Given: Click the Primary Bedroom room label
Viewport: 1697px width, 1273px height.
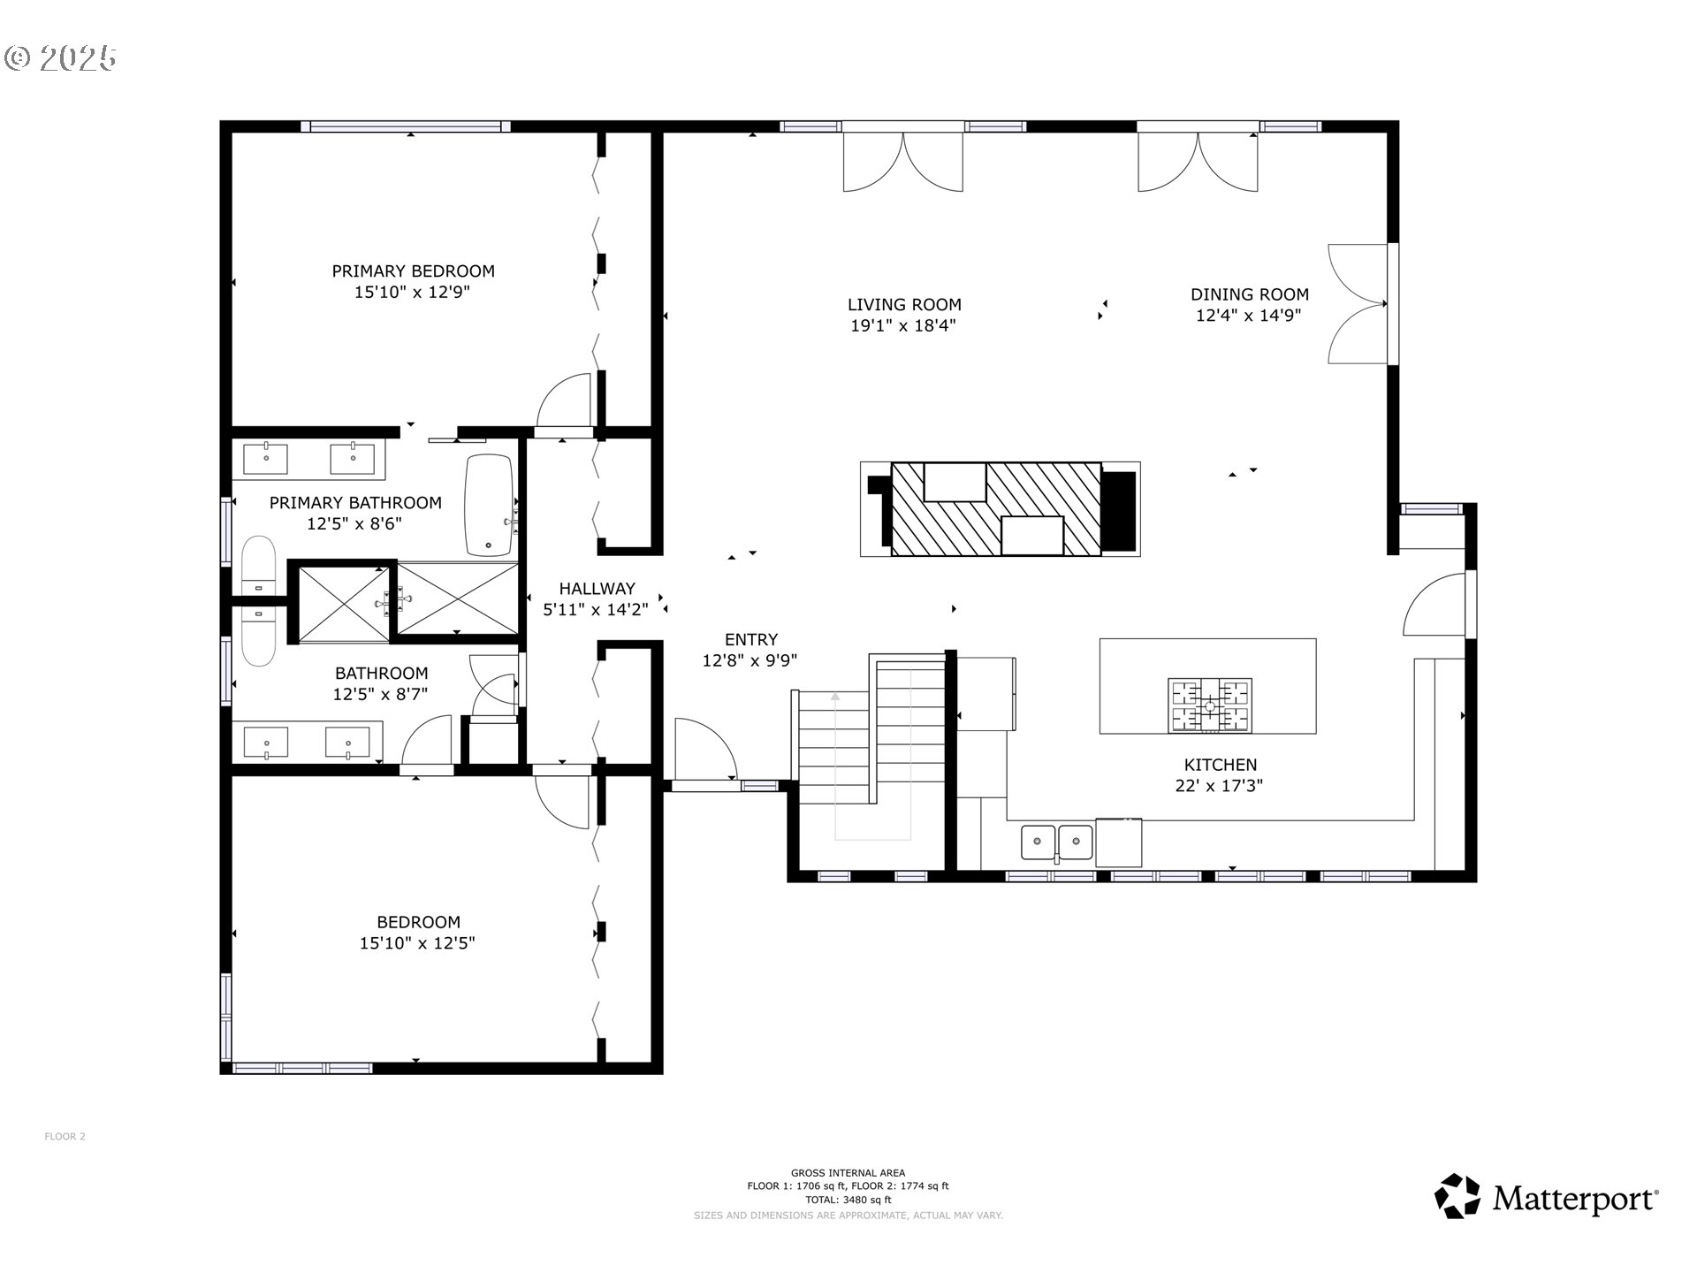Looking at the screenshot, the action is pos(413,271).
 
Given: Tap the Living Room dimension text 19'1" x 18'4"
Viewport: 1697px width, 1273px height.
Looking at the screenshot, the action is pos(903,325).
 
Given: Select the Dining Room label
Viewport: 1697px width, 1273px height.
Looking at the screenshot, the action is pos(1249,294).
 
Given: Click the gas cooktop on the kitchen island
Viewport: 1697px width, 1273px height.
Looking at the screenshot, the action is pos(1210,705).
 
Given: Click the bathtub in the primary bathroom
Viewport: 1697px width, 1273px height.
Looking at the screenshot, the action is pos(489,505).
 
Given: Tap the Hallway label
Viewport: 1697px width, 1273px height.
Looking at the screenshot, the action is pos(597,589).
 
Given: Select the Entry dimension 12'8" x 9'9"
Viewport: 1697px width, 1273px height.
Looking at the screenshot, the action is pos(750,660).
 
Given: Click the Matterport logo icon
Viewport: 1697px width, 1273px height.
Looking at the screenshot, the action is pos(1457,1196).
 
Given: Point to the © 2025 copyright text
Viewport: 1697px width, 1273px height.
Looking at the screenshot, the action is pos(60,58).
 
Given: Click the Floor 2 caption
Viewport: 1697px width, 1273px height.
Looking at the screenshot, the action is pos(65,1136).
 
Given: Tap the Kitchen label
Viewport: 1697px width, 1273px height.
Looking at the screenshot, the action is pos(1220,765).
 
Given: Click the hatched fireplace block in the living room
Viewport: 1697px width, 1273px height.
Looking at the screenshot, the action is pos(996,509).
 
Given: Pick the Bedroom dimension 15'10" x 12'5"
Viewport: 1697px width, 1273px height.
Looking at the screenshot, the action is pos(417,943).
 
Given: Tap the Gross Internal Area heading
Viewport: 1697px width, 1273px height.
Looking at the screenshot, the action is pos(848,1173).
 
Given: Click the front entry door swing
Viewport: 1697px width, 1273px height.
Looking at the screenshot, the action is pos(705,750).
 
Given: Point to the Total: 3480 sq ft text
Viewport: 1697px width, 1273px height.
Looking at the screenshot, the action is pos(848,1200).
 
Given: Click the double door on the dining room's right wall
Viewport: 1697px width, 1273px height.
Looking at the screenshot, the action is pos(1358,303).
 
